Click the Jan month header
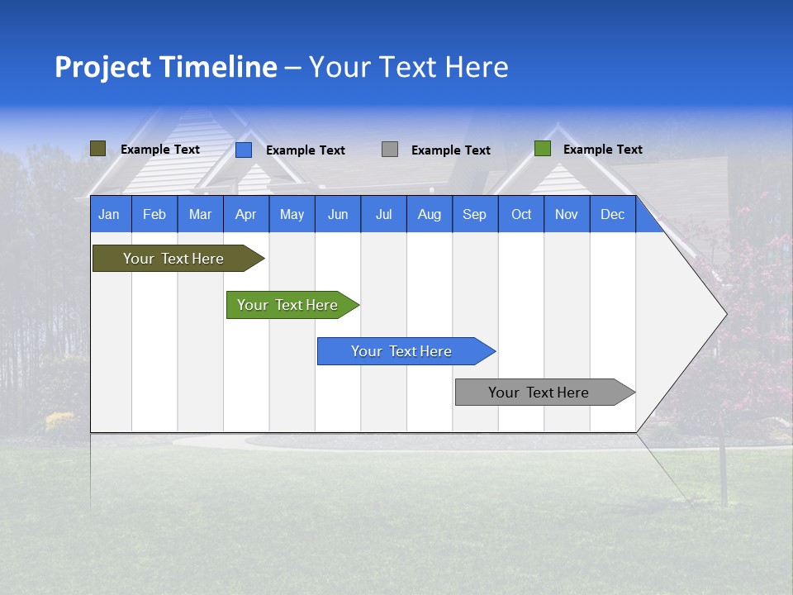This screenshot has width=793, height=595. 109,214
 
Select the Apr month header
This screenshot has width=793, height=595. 245,214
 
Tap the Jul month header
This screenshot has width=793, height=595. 383,214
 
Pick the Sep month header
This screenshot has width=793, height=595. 474,214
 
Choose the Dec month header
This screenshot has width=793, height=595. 612,214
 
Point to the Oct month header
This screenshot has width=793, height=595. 520,214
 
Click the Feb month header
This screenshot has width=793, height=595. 154,214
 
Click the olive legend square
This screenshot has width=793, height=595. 97,149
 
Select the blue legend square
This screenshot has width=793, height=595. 244,150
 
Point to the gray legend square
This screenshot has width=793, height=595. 390,150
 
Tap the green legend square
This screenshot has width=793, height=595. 543,149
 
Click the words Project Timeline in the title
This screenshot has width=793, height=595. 165,67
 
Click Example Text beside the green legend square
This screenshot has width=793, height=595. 602,150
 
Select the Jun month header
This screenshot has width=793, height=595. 337,214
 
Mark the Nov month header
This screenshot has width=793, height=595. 566,214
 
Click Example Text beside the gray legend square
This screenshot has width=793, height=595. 450,150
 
